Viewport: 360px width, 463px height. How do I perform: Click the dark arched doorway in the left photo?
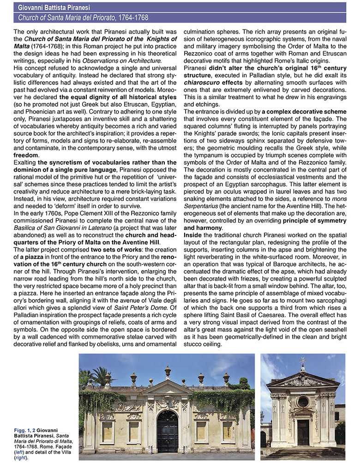tap(168, 432)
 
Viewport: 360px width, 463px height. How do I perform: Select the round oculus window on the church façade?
tap(303, 402)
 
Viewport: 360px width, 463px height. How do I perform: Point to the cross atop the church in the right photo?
tap(303, 361)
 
